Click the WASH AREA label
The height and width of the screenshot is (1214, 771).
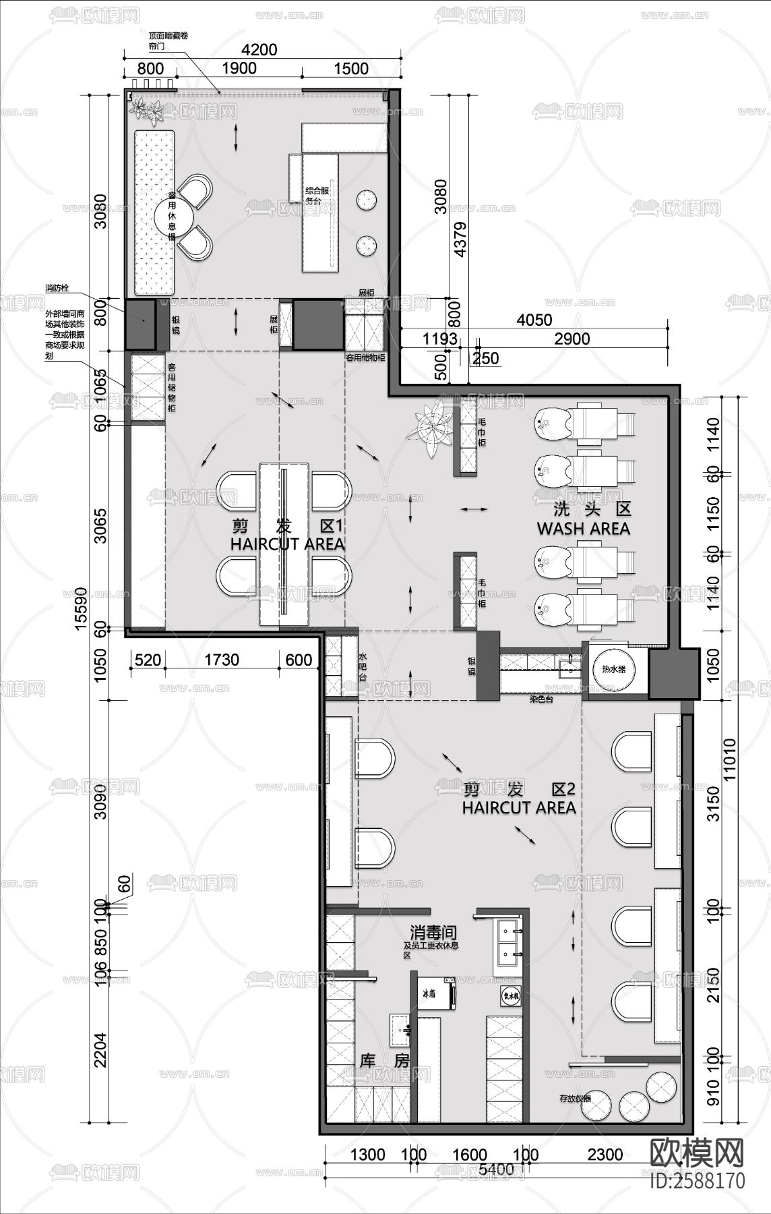pos(583,529)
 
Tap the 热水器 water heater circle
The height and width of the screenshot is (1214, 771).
pos(613,669)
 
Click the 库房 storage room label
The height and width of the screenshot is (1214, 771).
pos(385,1060)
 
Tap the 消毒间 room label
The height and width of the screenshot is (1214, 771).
pos(433,933)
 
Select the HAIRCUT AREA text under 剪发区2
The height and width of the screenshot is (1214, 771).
pos(518,807)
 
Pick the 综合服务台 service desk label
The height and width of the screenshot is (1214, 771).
pos(319,196)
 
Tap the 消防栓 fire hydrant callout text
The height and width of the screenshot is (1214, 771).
pos(57,288)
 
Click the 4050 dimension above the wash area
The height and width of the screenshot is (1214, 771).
pos(534,320)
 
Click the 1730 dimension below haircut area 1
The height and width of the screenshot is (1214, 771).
pos(221,659)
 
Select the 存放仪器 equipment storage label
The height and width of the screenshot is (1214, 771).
pos(575,1098)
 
